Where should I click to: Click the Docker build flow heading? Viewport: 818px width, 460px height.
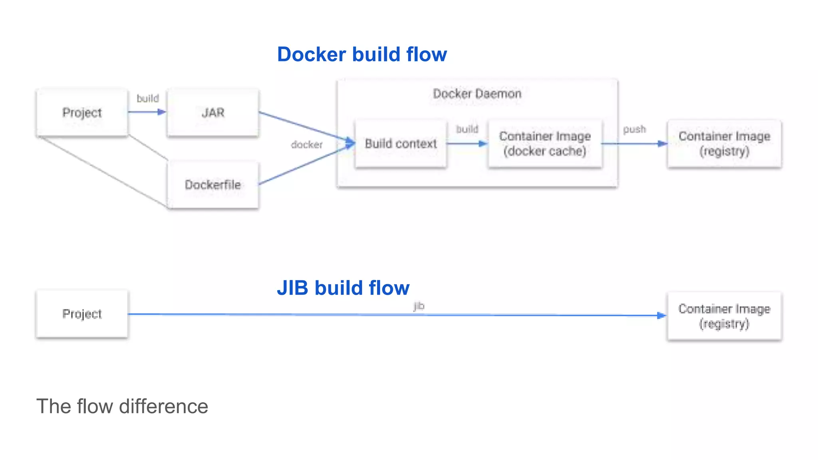click(362, 54)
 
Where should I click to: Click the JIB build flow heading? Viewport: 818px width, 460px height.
click(343, 288)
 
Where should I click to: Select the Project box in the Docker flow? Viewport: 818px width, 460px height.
click(82, 113)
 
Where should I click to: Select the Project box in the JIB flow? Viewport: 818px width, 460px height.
click(82, 314)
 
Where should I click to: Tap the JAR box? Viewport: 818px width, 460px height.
click(213, 113)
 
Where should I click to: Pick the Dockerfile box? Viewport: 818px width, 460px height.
click(213, 185)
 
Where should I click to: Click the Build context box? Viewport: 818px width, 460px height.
click(401, 143)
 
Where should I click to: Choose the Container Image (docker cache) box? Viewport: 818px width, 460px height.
click(545, 143)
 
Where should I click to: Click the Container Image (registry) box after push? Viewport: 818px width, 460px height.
click(724, 143)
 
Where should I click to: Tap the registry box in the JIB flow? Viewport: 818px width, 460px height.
click(724, 316)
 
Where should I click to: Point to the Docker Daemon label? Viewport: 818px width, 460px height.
click(477, 94)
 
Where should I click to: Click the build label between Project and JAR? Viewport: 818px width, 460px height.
click(148, 98)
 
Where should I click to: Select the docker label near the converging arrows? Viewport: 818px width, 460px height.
click(306, 145)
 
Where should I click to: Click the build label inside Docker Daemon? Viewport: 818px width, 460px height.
click(467, 129)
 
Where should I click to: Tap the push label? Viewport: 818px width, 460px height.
click(634, 129)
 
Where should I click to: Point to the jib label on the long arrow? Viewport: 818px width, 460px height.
click(419, 306)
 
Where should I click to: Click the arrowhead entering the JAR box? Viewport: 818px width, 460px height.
click(161, 112)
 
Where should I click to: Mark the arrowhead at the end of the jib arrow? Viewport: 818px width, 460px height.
click(661, 315)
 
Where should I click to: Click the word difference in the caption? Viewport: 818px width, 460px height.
click(163, 406)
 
